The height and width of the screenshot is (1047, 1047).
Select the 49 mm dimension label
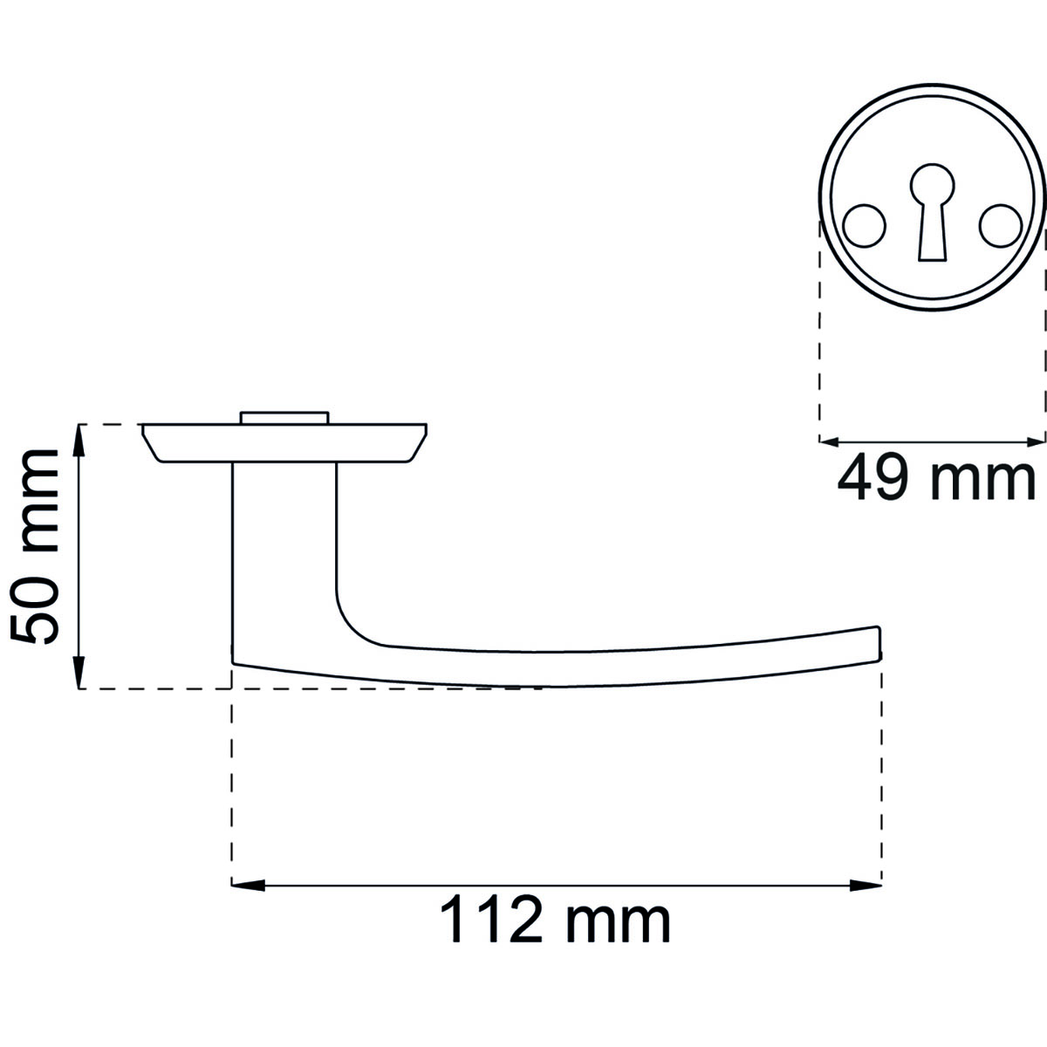point(936,480)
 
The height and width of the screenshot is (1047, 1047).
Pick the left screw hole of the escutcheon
point(864,225)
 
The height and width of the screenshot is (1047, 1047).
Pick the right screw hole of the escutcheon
point(1002,225)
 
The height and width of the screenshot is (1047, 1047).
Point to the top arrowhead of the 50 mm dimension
point(79,441)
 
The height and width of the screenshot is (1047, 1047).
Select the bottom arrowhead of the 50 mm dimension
point(79,672)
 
